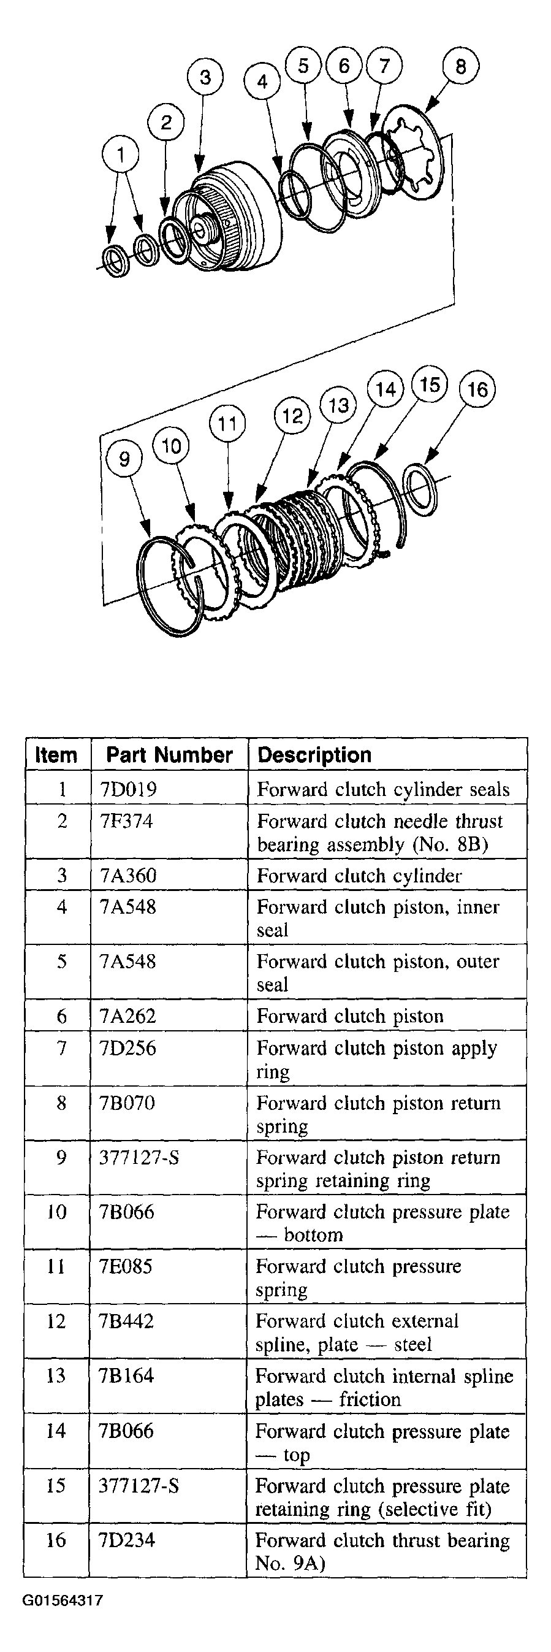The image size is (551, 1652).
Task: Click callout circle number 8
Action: pyautogui.click(x=460, y=66)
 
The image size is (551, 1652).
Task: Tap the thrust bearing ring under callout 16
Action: pyautogui.click(x=421, y=492)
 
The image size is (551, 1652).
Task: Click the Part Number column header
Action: pyautogui.click(x=169, y=755)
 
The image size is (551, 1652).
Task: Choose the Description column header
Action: pyautogui.click(x=314, y=755)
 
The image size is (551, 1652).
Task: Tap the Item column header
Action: pyautogui.click(x=56, y=755)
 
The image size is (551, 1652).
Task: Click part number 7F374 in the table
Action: pyautogui.click(x=127, y=822)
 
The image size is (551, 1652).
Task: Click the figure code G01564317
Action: pyautogui.click(x=63, y=1600)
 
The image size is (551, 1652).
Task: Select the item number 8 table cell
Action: pyautogui.click(x=61, y=1103)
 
